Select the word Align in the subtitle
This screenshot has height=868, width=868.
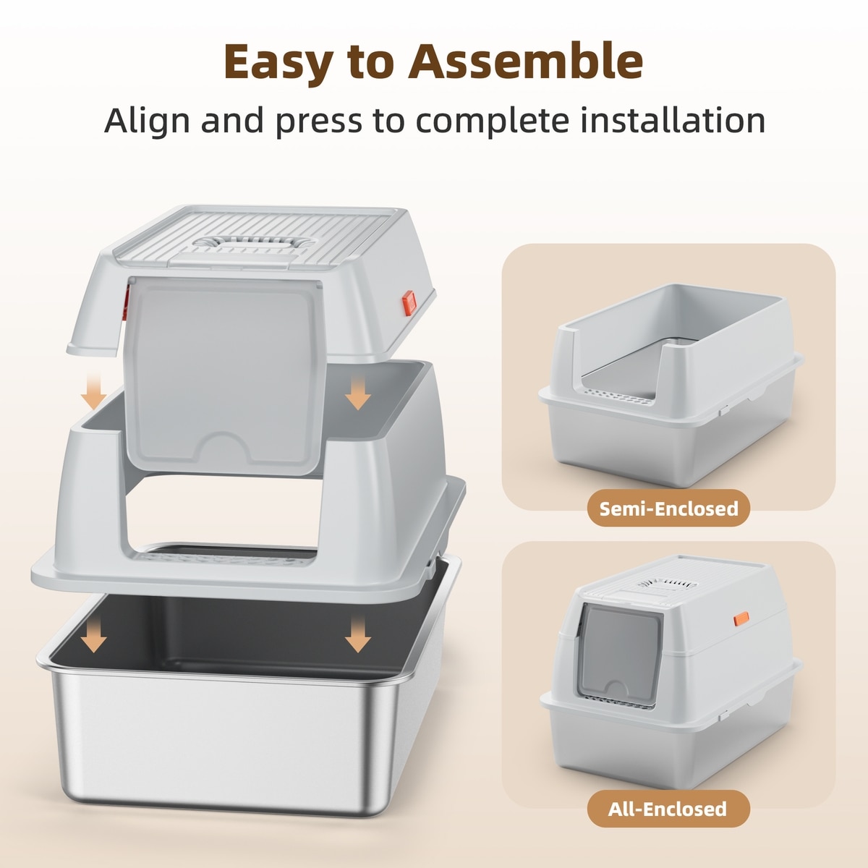pyautogui.click(x=147, y=122)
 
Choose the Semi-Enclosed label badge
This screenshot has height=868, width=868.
pyautogui.click(x=668, y=509)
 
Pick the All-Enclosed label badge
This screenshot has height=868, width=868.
pyautogui.click(x=668, y=809)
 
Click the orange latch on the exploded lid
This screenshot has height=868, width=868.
pyautogui.click(x=408, y=302)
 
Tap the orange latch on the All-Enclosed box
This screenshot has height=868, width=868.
pyautogui.click(x=741, y=619)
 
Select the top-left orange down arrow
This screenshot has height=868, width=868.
pyautogui.click(x=94, y=390)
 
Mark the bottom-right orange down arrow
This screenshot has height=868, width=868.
pyautogui.click(x=358, y=633)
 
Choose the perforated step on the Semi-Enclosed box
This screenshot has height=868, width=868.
pyautogui.click(x=618, y=396)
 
